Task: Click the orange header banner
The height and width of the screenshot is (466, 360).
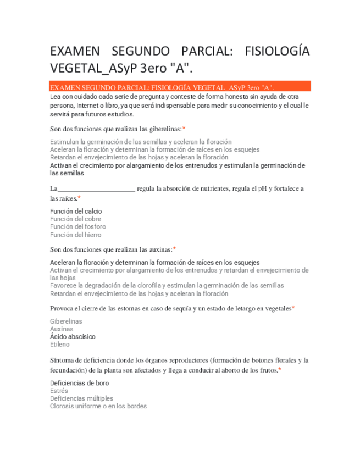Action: (x=180, y=87)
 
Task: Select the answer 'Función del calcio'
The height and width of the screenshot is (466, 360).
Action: (x=76, y=211)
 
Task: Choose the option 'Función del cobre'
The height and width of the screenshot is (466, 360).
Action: (x=75, y=219)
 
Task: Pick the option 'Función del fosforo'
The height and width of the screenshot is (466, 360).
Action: (x=77, y=226)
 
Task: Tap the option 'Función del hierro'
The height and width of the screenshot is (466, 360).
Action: (x=75, y=235)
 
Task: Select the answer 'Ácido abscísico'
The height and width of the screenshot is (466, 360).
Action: (x=73, y=336)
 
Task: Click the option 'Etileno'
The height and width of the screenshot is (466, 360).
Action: (x=60, y=345)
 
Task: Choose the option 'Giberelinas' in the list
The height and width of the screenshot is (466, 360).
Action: (x=66, y=321)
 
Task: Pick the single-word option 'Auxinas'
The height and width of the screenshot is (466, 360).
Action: (x=62, y=329)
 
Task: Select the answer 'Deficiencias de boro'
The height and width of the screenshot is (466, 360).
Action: (x=79, y=383)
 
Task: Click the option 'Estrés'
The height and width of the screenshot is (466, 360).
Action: (x=59, y=391)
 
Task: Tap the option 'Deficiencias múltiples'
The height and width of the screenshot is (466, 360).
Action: (x=81, y=398)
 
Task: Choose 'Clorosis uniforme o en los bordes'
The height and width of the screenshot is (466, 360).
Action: (x=98, y=407)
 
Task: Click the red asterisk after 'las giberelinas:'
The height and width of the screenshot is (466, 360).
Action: (x=184, y=129)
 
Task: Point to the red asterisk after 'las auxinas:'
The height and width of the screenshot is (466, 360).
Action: (x=174, y=249)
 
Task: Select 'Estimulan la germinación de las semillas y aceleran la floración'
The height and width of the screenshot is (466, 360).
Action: (x=141, y=142)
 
